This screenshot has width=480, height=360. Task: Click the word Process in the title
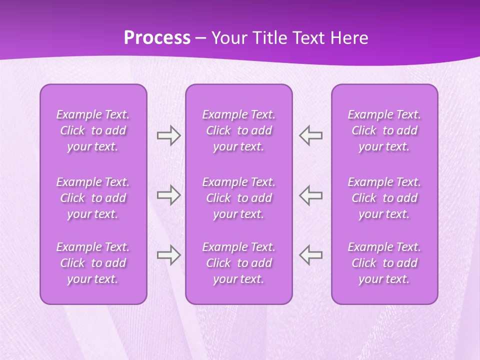157,38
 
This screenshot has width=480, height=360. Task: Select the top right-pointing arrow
168,135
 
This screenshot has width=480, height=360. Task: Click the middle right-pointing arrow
168,195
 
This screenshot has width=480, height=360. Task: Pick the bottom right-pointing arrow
168,255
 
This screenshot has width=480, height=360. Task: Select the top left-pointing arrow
311,135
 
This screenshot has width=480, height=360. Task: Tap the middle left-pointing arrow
311,195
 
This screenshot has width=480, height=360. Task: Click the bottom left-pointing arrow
311,255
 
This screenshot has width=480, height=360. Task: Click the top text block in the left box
93,130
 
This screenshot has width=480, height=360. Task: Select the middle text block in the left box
93,198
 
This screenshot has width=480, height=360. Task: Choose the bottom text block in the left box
93,263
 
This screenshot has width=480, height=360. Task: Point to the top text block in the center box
239,130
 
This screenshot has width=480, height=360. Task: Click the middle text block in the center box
239,198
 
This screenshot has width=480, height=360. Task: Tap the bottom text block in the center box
239,263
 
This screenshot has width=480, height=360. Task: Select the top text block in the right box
384,130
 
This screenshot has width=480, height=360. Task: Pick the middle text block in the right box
384,198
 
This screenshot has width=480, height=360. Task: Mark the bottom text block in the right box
384,263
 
